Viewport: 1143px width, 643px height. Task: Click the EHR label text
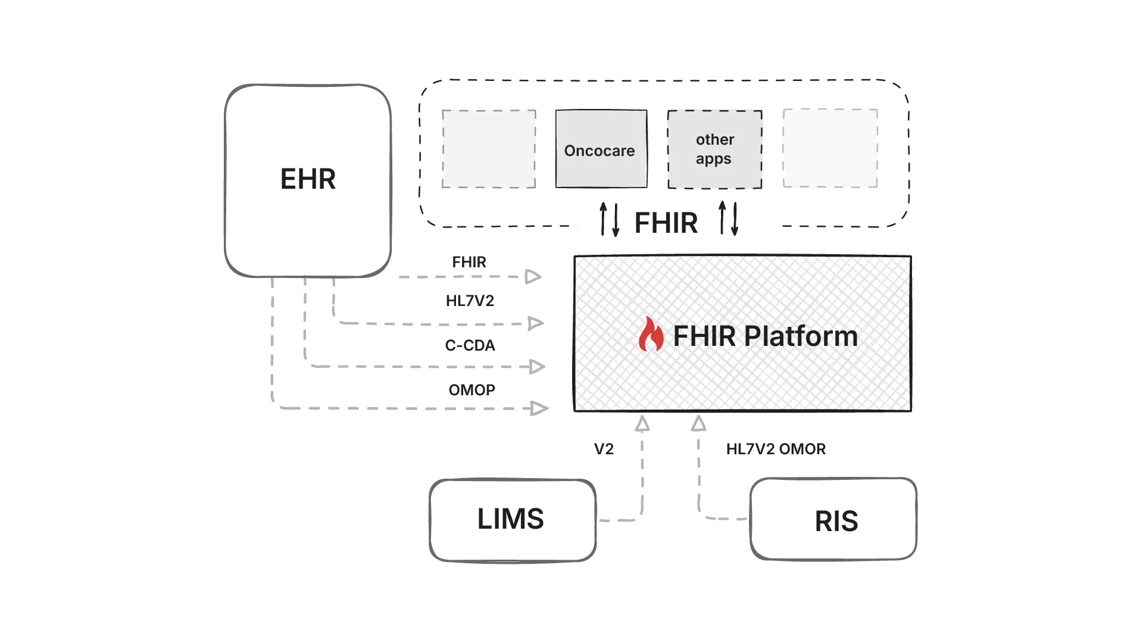coord(308,179)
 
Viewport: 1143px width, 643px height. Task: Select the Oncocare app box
coord(601,149)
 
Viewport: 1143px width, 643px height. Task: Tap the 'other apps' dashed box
coord(714,149)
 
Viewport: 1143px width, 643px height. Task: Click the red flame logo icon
coord(651,335)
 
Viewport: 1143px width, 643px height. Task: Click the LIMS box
coord(512,520)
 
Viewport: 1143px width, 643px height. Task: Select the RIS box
coord(833,520)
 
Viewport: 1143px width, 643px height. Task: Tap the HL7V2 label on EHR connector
coord(470,301)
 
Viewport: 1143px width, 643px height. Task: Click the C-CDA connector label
coord(470,345)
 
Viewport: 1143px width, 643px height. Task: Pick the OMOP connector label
coord(471,390)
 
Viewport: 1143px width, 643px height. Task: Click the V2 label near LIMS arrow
coord(604,449)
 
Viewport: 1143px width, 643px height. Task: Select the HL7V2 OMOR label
coord(776,449)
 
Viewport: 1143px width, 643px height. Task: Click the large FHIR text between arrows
coord(666,223)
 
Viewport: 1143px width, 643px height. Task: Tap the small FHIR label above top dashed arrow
coord(469,262)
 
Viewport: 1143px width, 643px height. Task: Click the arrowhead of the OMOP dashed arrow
coord(539,408)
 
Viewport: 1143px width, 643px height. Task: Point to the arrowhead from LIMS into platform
coord(642,424)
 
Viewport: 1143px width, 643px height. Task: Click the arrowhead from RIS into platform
coord(699,424)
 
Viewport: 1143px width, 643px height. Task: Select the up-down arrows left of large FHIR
coord(609,219)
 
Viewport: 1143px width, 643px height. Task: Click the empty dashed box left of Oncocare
coord(489,149)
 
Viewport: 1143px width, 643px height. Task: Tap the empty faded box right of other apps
coord(830,148)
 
